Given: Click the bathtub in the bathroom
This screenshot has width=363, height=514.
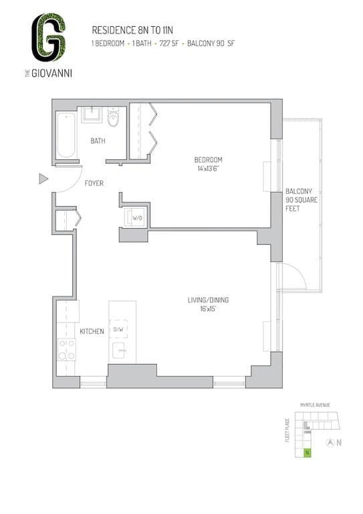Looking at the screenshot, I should coord(66,135).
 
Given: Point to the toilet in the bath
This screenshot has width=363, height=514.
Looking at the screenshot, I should coord(113,118).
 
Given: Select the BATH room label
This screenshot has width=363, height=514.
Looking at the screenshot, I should coord(98,141).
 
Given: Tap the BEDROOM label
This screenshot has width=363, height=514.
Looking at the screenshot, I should coord(208,160).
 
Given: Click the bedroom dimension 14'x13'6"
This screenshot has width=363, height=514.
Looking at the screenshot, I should coord(208,169).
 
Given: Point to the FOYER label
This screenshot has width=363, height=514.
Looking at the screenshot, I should coord(94,183).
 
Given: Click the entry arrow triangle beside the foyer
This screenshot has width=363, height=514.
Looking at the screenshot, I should coord(43,179).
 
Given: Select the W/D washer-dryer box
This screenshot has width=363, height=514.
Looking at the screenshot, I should coord(137,218).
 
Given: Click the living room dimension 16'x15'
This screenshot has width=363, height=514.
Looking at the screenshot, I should coord(208,309).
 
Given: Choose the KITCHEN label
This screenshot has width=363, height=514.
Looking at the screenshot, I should coord(92,331).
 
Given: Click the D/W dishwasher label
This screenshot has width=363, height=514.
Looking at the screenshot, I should coord(118,329).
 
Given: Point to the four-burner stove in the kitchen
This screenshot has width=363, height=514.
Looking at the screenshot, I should coord(67,349).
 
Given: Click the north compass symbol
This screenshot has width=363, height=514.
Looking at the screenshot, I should coord(329,442).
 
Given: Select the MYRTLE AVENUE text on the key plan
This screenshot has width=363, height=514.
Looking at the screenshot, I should coord(315,405).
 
